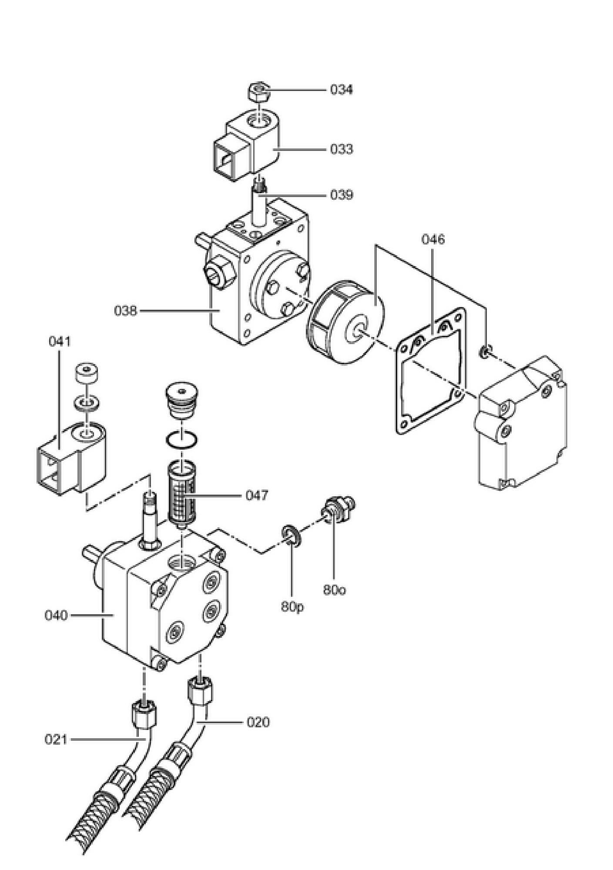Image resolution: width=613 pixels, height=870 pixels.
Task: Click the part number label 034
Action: [341, 90]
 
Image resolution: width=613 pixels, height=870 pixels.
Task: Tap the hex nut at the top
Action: [259, 90]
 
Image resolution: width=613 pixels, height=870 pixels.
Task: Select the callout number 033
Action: [341, 149]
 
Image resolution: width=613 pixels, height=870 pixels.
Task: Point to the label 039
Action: [341, 194]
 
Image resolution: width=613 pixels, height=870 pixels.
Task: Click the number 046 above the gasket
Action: [433, 239]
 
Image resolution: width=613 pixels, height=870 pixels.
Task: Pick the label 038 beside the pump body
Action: [125, 311]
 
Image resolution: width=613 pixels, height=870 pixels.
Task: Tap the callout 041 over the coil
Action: [59, 341]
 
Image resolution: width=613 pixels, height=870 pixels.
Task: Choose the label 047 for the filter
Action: [257, 495]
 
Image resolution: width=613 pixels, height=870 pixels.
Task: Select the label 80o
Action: [335, 590]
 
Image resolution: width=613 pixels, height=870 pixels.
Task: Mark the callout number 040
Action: [56, 615]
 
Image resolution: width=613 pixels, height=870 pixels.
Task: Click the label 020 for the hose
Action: [258, 722]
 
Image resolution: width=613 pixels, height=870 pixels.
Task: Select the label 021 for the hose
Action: [56, 739]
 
